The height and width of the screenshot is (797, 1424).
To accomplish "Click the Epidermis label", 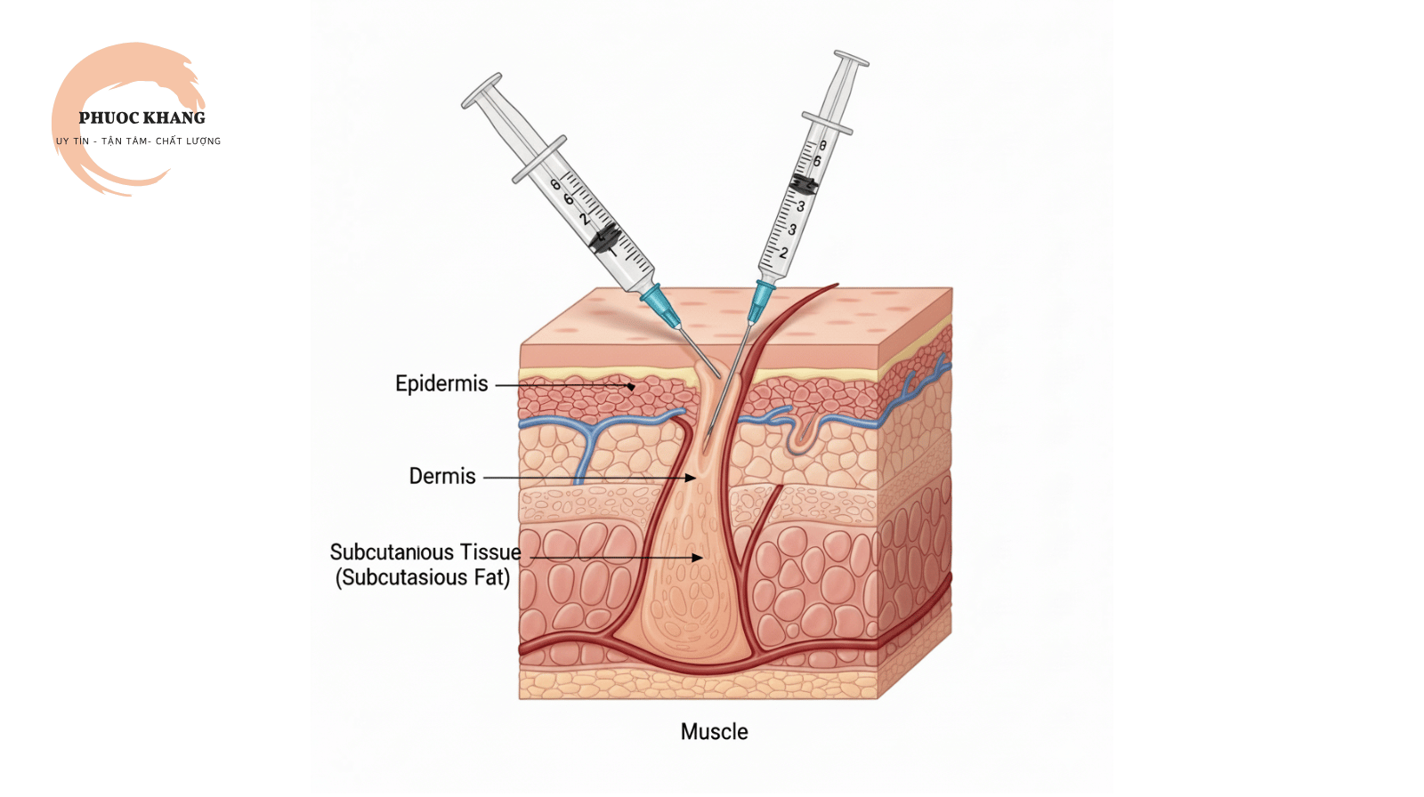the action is pyautogui.click(x=441, y=384).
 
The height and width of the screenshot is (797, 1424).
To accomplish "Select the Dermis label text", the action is pyautogui.click(x=441, y=476).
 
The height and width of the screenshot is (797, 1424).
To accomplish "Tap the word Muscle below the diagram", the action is pyautogui.click(x=714, y=731).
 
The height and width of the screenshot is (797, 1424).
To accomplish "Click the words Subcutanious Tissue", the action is pyautogui.click(x=425, y=551).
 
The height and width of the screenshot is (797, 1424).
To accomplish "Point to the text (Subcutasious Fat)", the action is pyautogui.click(x=423, y=577).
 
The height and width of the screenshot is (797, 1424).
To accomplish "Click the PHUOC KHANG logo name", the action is pyautogui.click(x=142, y=118).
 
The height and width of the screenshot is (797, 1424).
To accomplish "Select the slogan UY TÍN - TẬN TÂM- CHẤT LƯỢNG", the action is pyautogui.click(x=138, y=141).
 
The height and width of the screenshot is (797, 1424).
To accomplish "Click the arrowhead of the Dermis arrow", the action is pyautogui.click(x=691, y=478).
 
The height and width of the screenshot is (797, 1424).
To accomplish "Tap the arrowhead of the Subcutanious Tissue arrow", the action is pyautogui.click(x=698, y=558).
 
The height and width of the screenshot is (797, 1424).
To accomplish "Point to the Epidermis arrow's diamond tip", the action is pyautogui.click(x=631, y=386).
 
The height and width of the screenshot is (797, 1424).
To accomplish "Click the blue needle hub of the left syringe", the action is pyautogui.click(x=660, y=306).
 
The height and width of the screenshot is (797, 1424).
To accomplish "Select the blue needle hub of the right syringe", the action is pyautogui.click(x=761, y=302).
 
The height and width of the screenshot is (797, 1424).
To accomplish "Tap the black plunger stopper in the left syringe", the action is pyautogui.click(x=603, y=238).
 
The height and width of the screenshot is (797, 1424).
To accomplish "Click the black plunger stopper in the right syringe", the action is pyautogui.click(x=804, y=185).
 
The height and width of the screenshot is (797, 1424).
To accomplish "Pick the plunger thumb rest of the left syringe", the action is pyautogui.click(x=481, y=91).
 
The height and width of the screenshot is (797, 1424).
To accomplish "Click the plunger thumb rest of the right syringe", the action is pyautogui.click(x=851, y=59).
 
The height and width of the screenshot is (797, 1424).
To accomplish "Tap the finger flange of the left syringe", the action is pyautogui.click(x=539, y=159).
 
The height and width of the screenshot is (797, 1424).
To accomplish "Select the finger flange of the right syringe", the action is pyautogui.click(x=827, y=124).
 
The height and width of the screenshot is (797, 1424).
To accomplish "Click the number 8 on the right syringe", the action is pyautogui.click(x=822, y=146).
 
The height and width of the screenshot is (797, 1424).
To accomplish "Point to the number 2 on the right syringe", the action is pyautogui.click(x=784, y=253).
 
